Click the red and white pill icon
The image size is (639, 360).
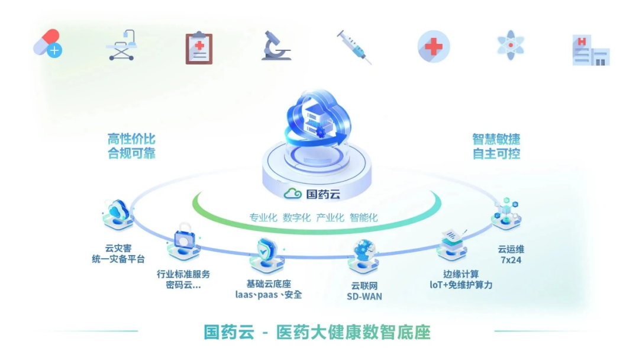[x=48, y=43]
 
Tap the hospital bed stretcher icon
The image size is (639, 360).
[x=121, y=45]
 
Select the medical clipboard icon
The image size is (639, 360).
[x=199, y=48]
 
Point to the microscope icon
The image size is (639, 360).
[x=276, y=46]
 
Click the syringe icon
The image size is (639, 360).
[x=354, y=47]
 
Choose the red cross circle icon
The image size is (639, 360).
[x=434, y=46]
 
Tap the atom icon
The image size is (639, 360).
[x=511, y=45]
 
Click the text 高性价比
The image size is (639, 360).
[x=131, y=139]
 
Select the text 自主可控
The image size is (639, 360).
[x=496, y=154]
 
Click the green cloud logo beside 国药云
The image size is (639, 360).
[x=293, y=194]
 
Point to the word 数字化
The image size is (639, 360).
[x=296, y=218]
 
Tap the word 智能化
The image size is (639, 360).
[x=363, y=218]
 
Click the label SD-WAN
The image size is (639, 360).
[x=364, y=297]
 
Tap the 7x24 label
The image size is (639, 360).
[x=511, y=260]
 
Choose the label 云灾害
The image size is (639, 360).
[x=118, y=248]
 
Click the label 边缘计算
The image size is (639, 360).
[x=461, y=274]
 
